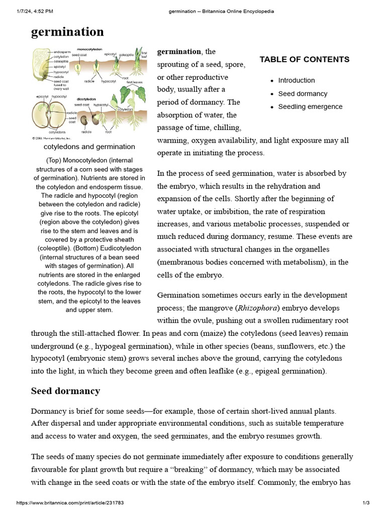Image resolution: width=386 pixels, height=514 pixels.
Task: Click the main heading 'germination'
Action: click(67, 32)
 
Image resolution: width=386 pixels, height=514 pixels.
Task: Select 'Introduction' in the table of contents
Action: click(297, 80)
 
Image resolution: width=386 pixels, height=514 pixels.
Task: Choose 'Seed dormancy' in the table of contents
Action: click(303, 93)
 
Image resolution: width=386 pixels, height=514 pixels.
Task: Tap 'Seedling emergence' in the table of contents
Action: click(310, 106)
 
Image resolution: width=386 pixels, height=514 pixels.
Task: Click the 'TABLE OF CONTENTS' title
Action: click(304, 59)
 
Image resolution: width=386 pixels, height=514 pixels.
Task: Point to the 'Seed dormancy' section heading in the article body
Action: click(65, 391)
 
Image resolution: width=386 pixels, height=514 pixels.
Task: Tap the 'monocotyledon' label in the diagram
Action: click(90, 49)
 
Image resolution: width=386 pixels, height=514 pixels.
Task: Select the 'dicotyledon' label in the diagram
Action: click(86, 99)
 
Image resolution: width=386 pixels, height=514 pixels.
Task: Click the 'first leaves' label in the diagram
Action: click(134, 82)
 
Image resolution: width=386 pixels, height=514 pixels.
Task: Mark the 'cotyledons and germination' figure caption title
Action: click(89, 147)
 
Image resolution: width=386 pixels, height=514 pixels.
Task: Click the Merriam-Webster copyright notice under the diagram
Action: click(51, 137)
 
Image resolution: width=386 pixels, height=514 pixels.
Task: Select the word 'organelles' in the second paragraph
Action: click(327, 249)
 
